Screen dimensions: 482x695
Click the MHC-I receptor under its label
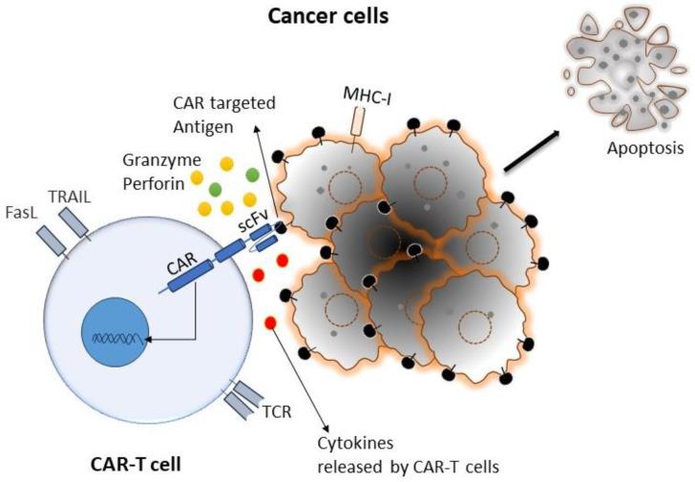358,123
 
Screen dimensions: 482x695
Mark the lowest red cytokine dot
270,322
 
